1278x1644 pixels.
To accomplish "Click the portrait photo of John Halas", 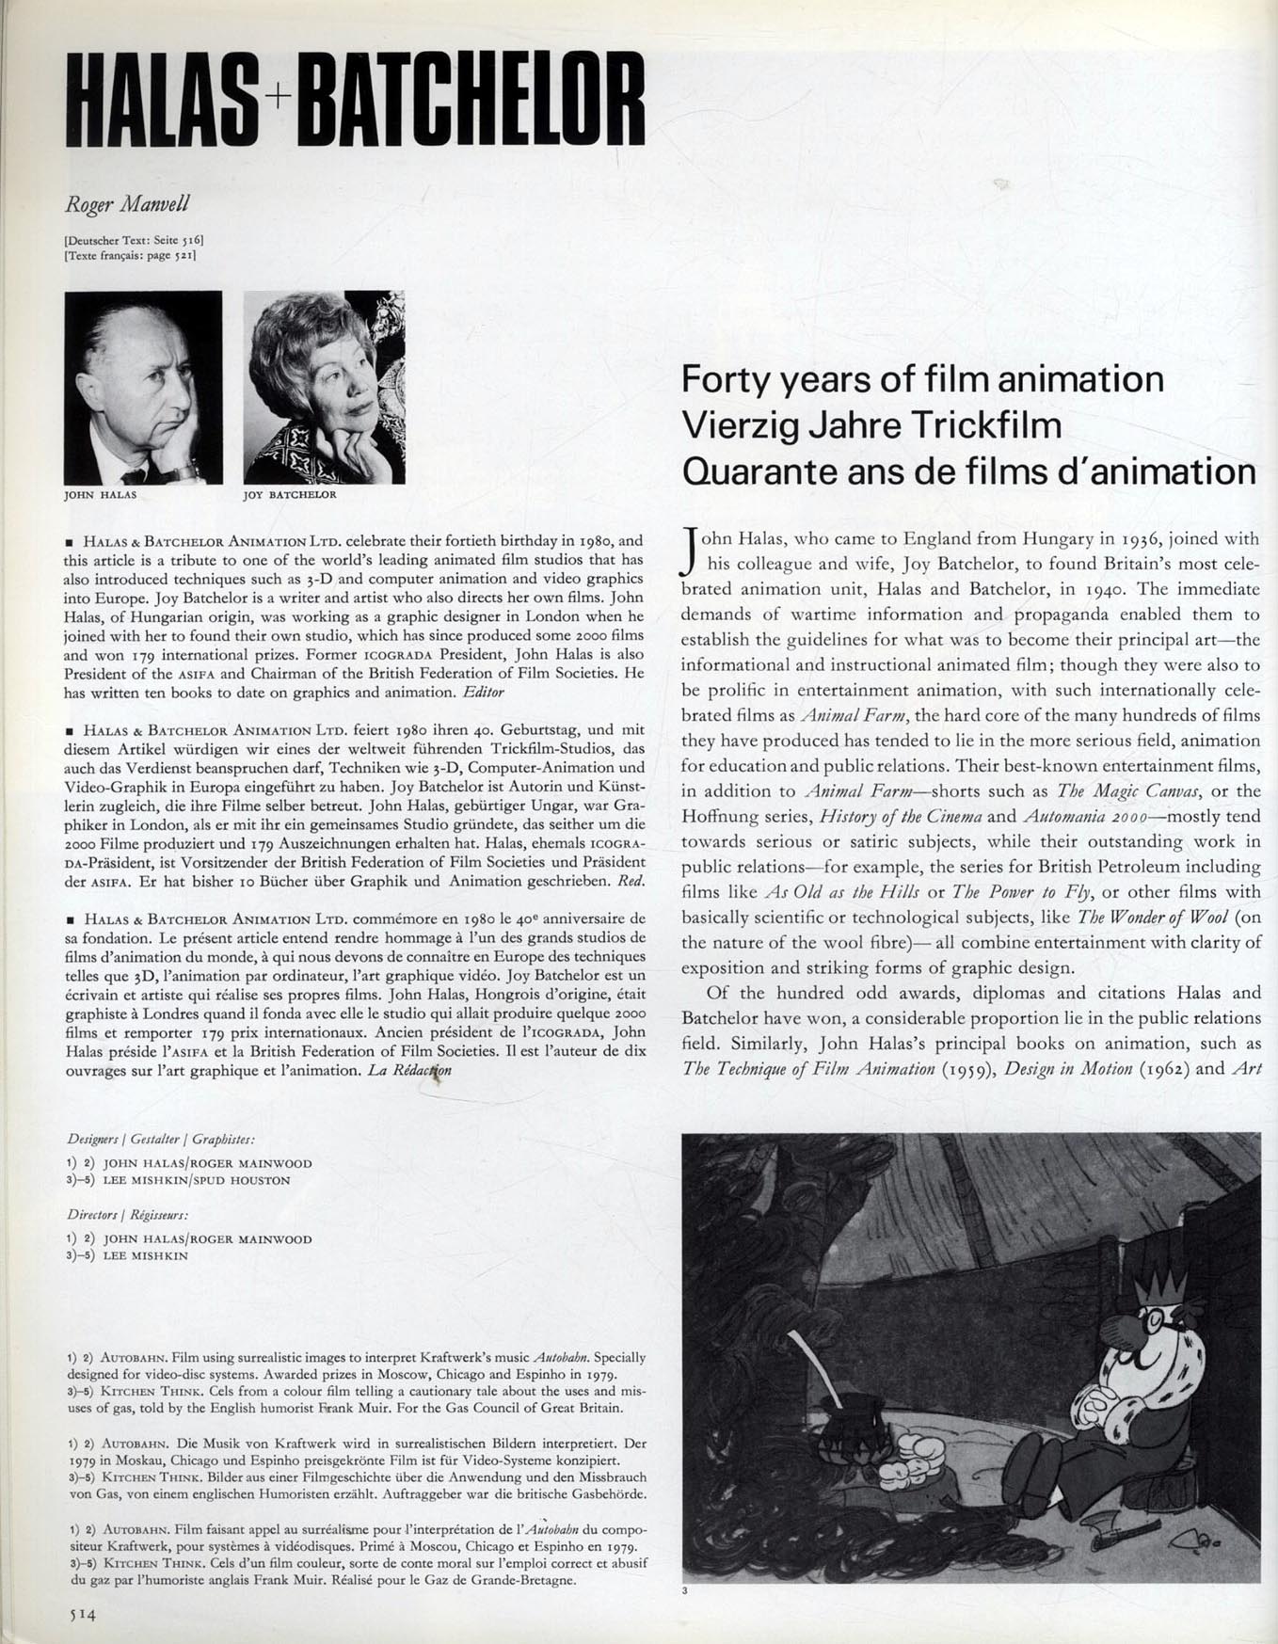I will (x=143, y=387).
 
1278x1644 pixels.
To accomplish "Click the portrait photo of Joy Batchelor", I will (x=324, y=387).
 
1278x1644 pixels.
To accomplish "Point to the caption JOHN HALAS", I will (x=101, y=494).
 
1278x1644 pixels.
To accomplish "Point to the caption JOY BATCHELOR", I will (x=289, y=494).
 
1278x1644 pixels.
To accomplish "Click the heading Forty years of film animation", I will (x=922, y=379).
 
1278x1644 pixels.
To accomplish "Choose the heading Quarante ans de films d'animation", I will (x=968, y=470).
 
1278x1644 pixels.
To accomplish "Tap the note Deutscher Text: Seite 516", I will (x=134, y=241).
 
